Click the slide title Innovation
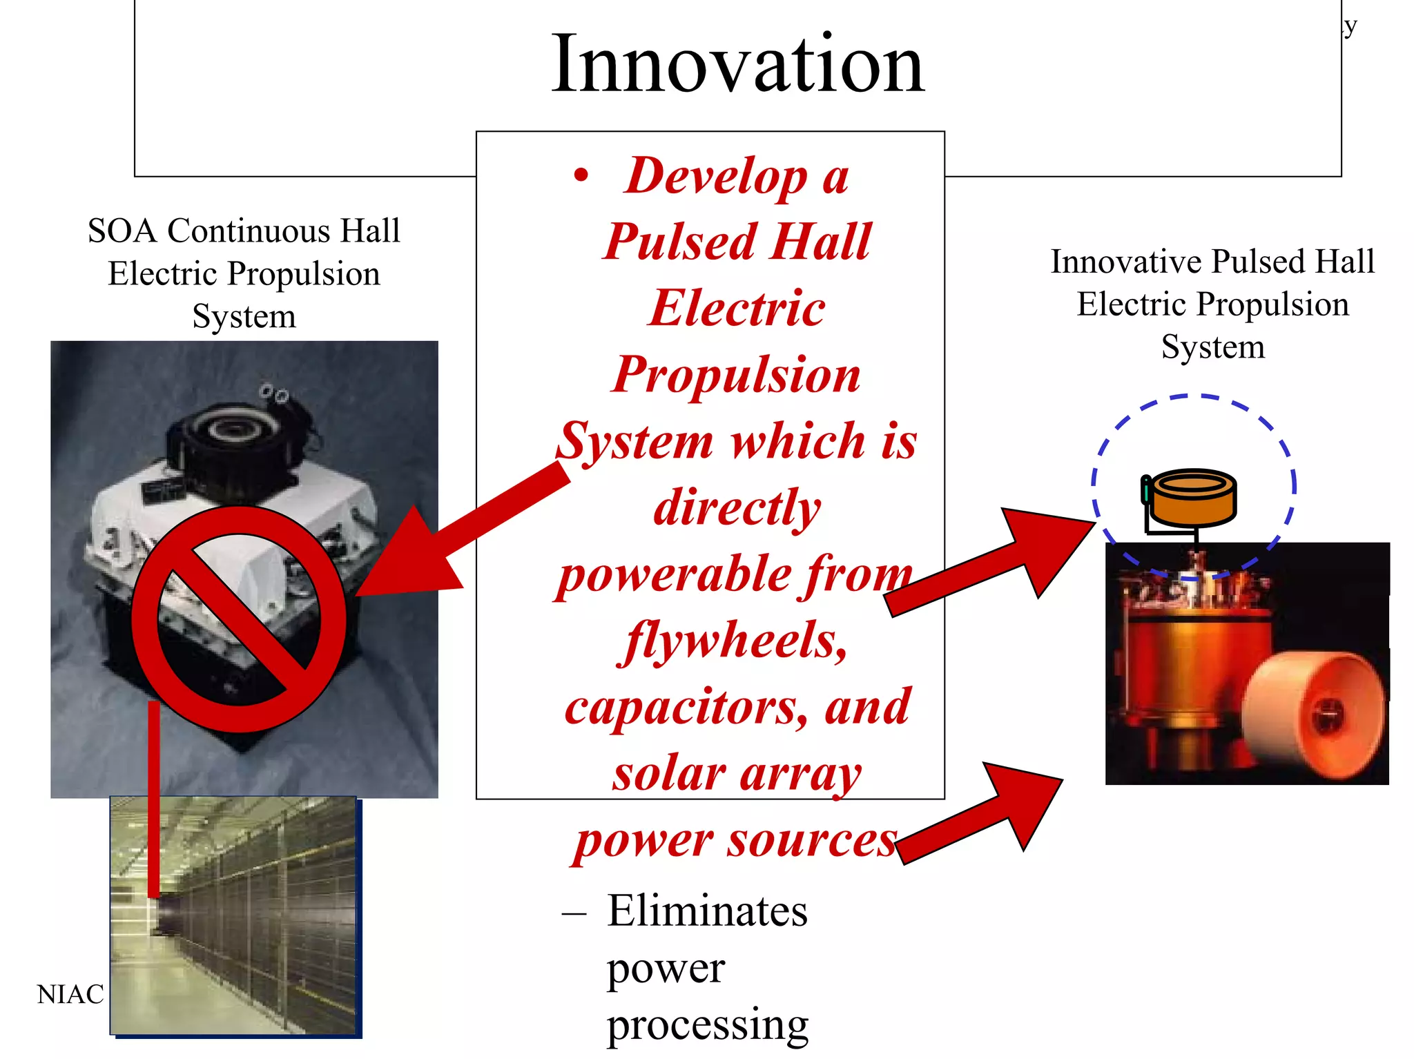(x=737, y=65)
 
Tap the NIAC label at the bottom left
(x=70, y=994)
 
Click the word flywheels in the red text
(x=733, y=641)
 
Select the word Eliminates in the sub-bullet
(x=707, y=911)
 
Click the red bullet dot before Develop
(x=581, y=175)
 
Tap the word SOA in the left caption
(x=122, y=231)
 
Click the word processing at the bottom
(x=707, y=1024)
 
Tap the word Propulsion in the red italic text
(x=736, y=375)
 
